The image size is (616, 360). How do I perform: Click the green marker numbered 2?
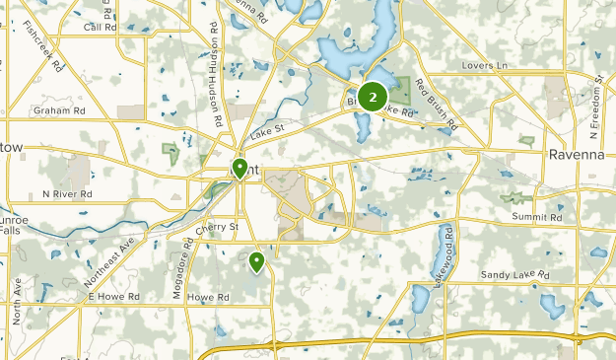(x=372, y=96)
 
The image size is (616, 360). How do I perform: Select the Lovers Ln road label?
(x=483, y=66)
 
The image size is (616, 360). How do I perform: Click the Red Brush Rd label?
(x=435, y=104)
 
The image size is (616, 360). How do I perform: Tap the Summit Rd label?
(x=535, y=217)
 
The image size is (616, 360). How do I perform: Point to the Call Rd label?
(x=100, y=27)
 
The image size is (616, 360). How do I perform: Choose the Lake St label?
(x=266, y=130)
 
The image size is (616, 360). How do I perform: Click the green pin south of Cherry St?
(x=256, y=261)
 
